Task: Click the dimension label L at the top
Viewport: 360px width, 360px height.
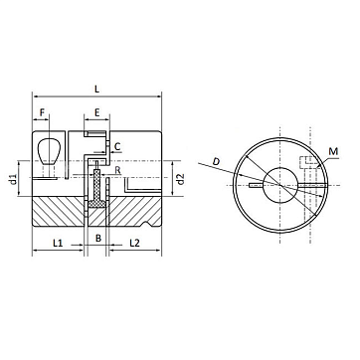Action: [96, 90]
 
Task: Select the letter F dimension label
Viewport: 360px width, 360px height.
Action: [42, 112]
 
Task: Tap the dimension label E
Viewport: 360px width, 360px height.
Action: [96, 112]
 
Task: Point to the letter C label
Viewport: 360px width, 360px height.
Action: [117, 146]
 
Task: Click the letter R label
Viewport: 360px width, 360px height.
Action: [117, 171]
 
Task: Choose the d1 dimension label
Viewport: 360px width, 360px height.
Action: [13, 179]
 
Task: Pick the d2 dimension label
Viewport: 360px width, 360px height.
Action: [180, 179]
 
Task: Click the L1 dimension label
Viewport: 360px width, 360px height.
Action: [58, 243]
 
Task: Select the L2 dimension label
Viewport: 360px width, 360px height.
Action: [134, 243]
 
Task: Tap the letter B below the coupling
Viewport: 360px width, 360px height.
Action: [98, 238]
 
